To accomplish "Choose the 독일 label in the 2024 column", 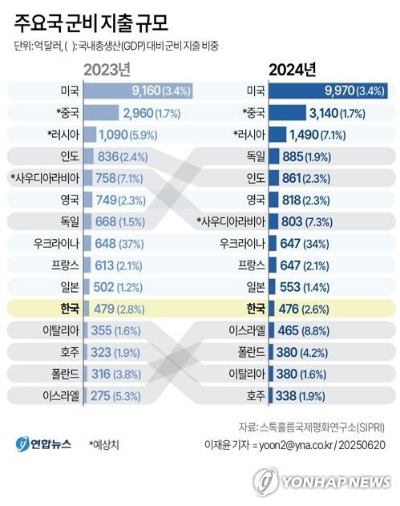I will [x=256, y=156].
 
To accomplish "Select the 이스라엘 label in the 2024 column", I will [x=248, y=330].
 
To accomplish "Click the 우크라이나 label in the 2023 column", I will [x=55, y=242].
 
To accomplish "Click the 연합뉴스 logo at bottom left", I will [x=44, y=443].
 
